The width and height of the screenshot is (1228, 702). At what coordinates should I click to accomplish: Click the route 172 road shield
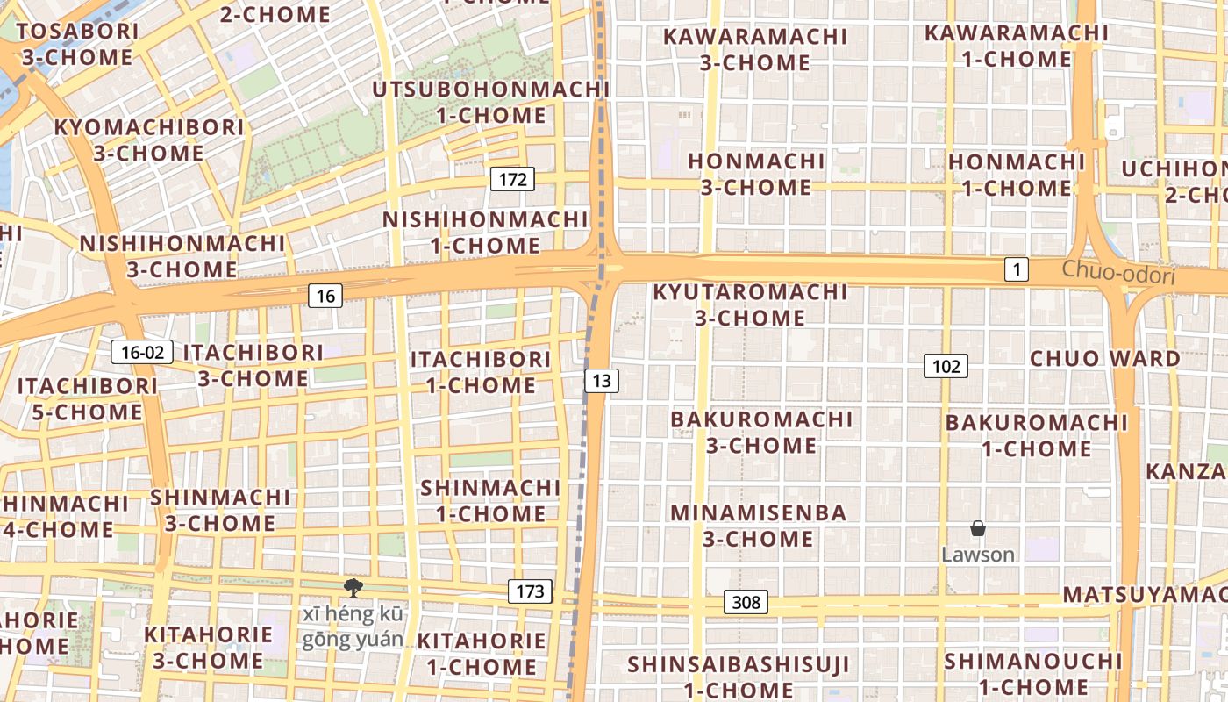(x=512, y=180)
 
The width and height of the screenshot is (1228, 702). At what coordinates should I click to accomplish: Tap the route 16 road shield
(x=325, y=296)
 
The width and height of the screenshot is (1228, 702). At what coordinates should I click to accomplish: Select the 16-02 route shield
(x=142, y=353)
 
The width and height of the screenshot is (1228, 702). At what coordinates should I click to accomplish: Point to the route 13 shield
(x=601, y=380)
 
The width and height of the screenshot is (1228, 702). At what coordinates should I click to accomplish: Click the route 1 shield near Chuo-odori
(x=1016, y=269)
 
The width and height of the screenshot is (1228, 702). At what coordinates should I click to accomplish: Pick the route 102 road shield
(x=946, y=366)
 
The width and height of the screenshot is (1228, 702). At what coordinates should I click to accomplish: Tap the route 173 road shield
(x=530, y=591)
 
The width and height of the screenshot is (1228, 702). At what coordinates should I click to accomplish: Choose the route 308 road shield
(x=746, y=602)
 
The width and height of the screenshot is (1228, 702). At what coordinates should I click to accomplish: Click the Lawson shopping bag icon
(x=978, y=528)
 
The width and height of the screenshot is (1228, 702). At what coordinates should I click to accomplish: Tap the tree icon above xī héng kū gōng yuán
(x=353, y=587)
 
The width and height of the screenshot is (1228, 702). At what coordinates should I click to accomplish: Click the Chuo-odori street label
(x=1118, y=273)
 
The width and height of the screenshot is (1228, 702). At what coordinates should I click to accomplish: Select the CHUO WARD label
(x=1105, y=358)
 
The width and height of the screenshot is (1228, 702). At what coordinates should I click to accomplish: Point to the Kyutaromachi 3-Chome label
(x=750, y=304)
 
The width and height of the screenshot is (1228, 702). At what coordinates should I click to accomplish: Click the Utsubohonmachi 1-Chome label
(x=491, y=102)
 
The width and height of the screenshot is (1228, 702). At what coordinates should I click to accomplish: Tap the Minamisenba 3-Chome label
(x=759, y=525)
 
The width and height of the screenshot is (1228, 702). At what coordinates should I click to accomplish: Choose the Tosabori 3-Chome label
(x=77, y=45)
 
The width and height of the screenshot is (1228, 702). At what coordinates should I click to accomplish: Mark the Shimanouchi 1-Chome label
(x=1033, y=673)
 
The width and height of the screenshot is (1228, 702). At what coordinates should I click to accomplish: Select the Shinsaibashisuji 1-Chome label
(x=739, y=677)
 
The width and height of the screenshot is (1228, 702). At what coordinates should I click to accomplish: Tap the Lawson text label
(x=978, y=555)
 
